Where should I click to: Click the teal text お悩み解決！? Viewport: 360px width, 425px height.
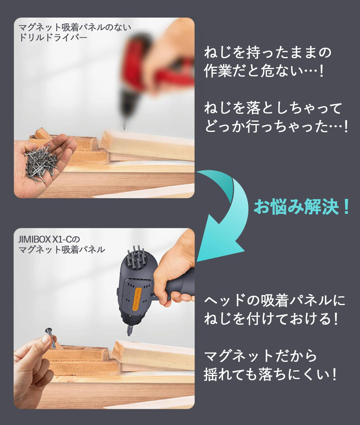coord(301,207)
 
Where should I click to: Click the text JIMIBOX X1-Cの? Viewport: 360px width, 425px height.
coord(49,239)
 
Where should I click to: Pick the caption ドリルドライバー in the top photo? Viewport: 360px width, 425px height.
coord(53,38)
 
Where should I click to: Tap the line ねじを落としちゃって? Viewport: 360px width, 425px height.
coord(272,108)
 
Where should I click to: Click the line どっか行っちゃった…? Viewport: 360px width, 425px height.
coord(276,127)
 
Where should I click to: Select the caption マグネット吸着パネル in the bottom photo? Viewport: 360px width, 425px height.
coord(62,250)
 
